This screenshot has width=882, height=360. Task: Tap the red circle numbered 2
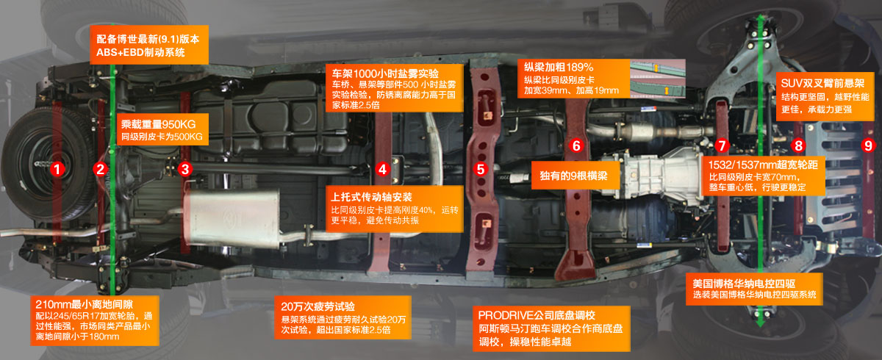click(x=100, y=169)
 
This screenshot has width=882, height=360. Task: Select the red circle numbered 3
click(x=185, y=169)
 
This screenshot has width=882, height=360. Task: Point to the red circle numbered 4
click(x=381, y=169)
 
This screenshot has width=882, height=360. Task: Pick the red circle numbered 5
click(x=481, y=169)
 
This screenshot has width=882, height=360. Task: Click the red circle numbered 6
click(x=576, y=145)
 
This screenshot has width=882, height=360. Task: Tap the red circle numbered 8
click(x=799, y=145)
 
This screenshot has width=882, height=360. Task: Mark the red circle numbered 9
click(x=868, y=145)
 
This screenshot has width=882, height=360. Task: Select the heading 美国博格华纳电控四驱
click(x=745, y=283)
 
